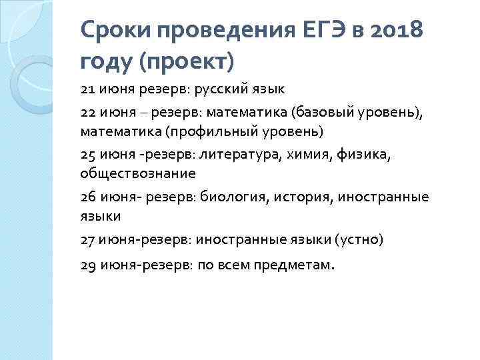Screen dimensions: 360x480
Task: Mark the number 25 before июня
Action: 88,156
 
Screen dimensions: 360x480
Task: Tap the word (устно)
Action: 359,238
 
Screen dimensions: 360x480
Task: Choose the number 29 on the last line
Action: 88,265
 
